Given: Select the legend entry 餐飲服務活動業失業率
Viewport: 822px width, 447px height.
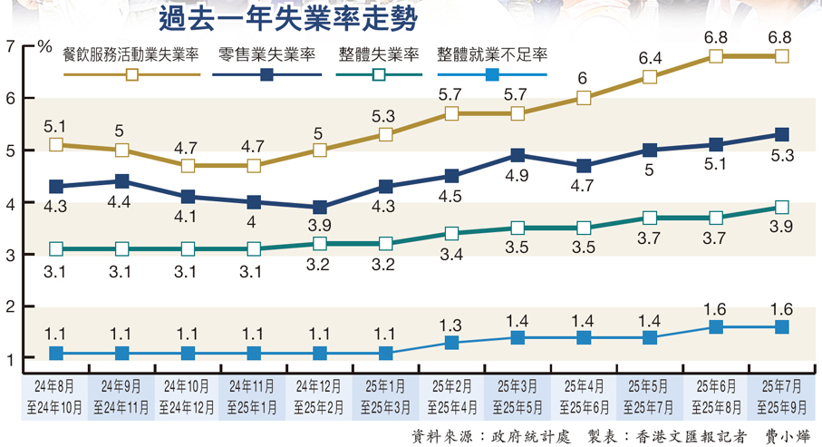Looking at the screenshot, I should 131,54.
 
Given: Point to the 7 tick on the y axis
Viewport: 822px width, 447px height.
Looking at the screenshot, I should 10,46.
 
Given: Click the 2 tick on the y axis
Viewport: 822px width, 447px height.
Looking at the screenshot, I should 10,308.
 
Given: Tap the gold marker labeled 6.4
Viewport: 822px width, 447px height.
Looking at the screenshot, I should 650,77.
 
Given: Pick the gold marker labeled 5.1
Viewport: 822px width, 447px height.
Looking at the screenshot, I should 56,145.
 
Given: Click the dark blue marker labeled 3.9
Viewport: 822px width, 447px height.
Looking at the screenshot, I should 320,208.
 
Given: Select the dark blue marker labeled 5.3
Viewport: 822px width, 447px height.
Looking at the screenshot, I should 782,135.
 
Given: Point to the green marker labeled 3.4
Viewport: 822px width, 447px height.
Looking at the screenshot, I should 451,233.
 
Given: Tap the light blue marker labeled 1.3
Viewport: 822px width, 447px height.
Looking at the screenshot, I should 451,343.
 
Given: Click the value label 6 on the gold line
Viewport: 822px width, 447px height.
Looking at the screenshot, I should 584,78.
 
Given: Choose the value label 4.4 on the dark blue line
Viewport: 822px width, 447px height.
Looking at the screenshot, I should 122,202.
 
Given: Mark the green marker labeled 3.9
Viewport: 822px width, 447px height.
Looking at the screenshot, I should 782,208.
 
